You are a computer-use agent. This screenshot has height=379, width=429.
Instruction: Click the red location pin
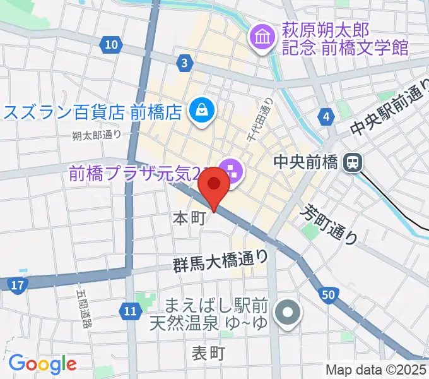214,187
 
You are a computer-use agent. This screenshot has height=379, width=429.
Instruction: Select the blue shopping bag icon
203,110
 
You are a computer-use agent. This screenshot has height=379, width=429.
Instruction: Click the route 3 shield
184,63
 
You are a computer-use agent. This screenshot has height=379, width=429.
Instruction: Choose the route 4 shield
326,117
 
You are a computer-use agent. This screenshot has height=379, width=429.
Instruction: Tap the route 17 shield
18,286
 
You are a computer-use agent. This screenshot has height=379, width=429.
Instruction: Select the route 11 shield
130,310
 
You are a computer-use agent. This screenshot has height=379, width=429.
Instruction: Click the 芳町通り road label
331,224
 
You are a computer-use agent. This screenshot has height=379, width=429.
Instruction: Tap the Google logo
42,364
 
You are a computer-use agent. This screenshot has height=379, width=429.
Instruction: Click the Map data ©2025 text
376,370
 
